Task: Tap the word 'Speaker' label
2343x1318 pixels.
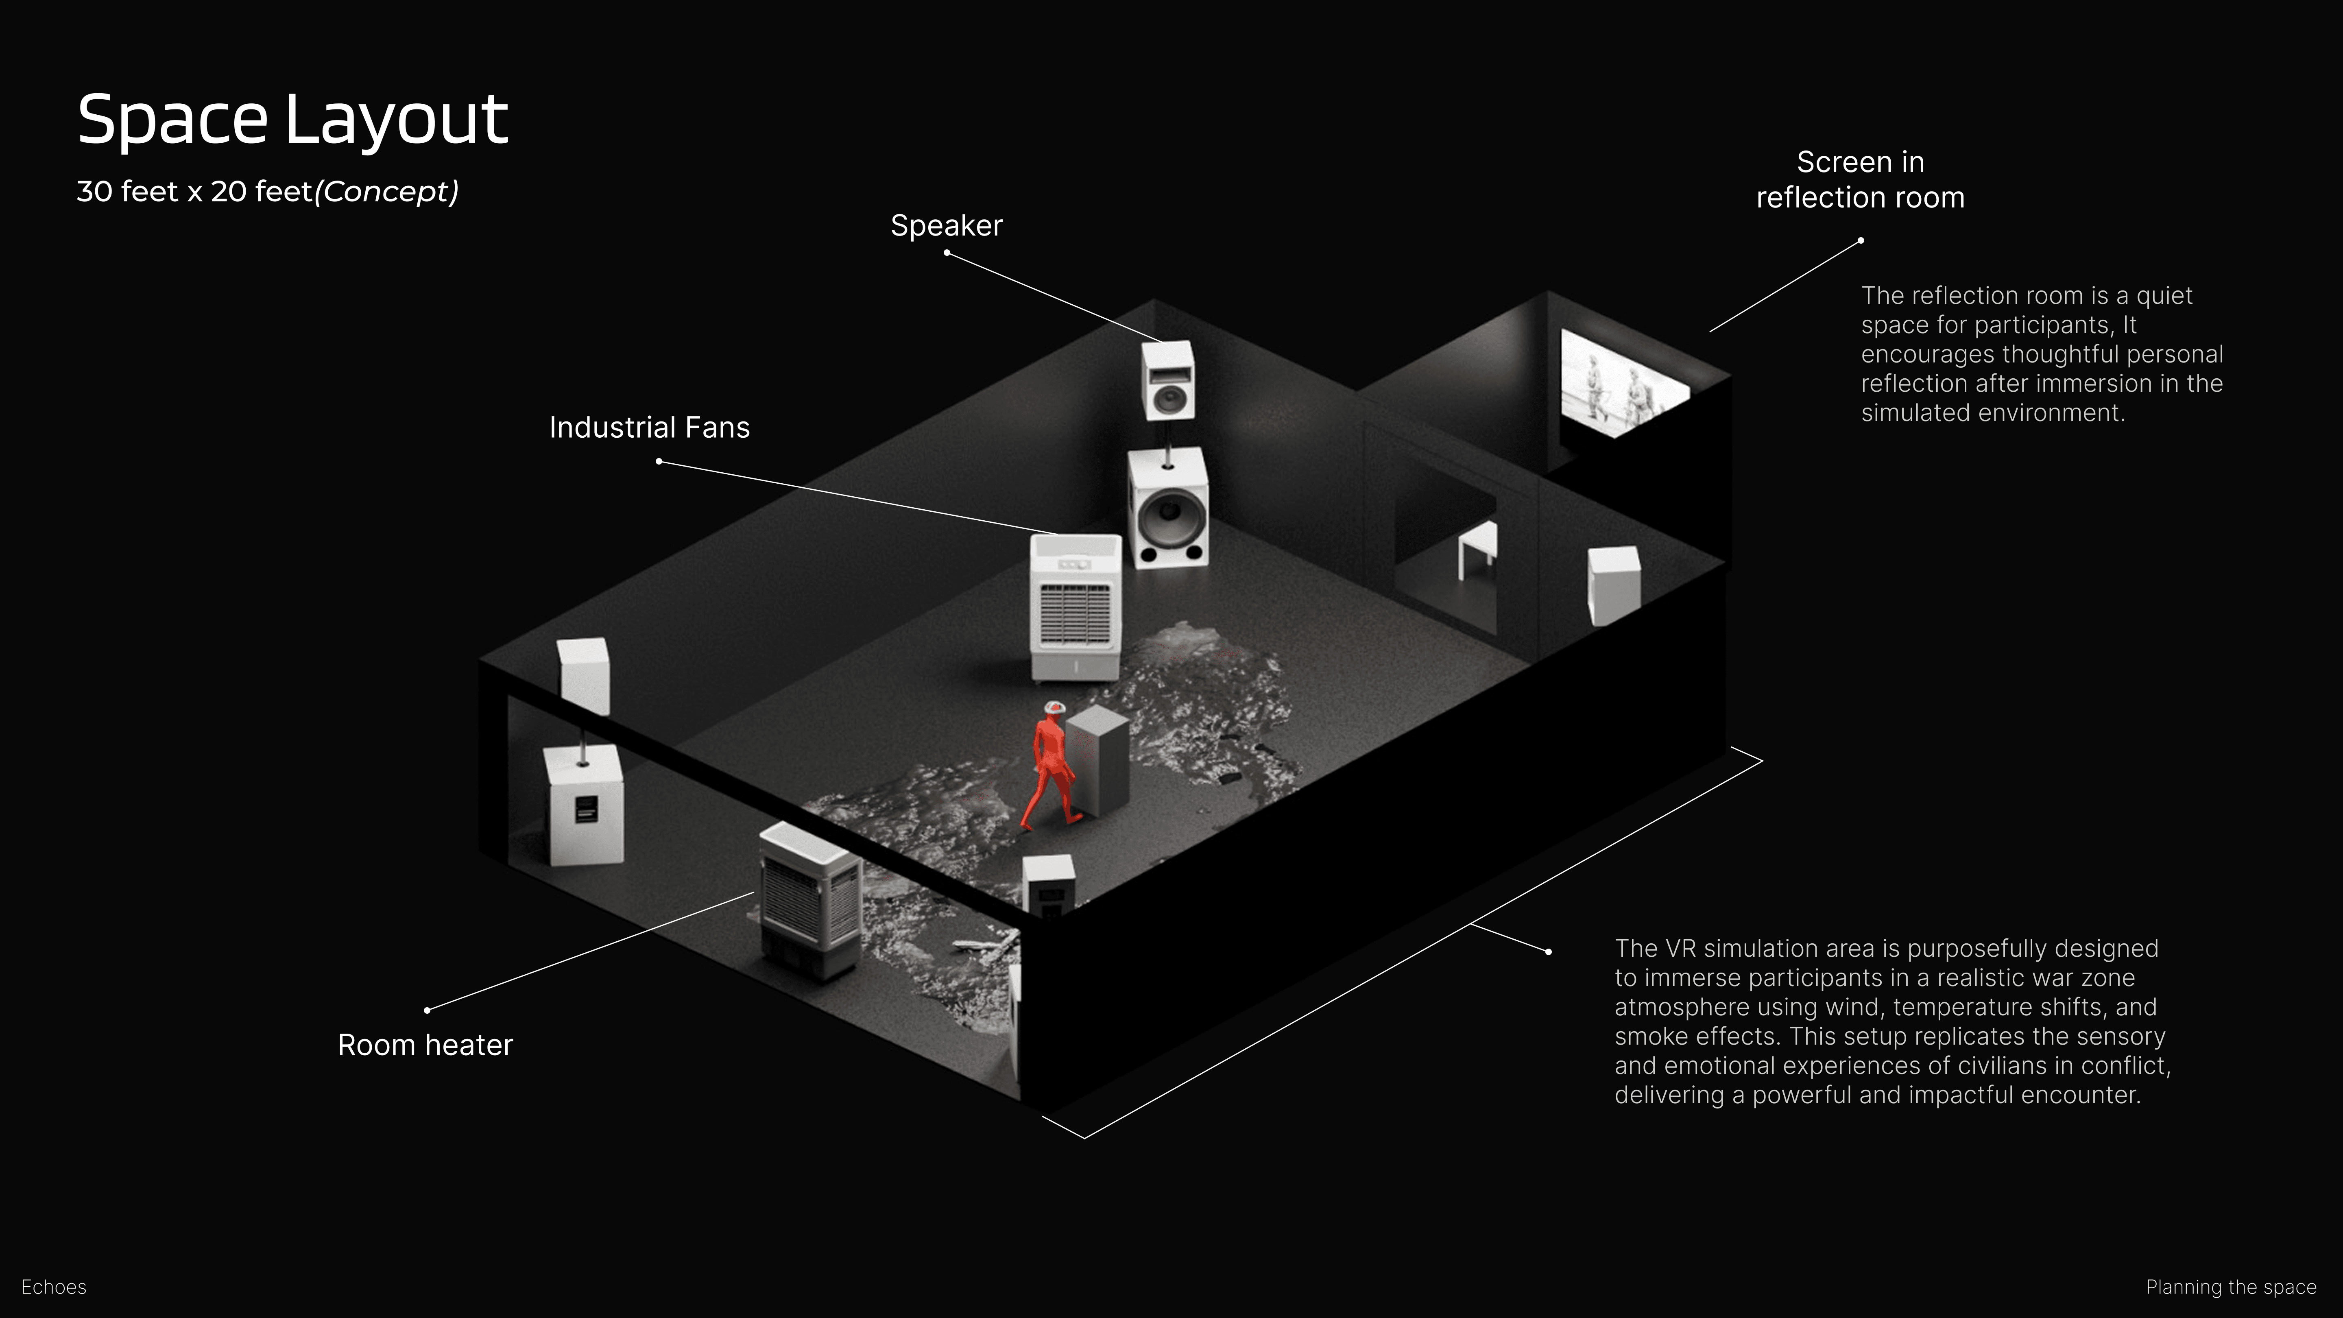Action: pyautogui.click(x=946, y=226)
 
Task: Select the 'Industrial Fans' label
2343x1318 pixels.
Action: pyautogui.click(x=650, y=428)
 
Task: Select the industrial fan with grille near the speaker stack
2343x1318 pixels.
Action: pyautogui.click(x=1075, y=608)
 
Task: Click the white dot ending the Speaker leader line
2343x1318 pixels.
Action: pyautogui.click(x=947, y=253)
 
